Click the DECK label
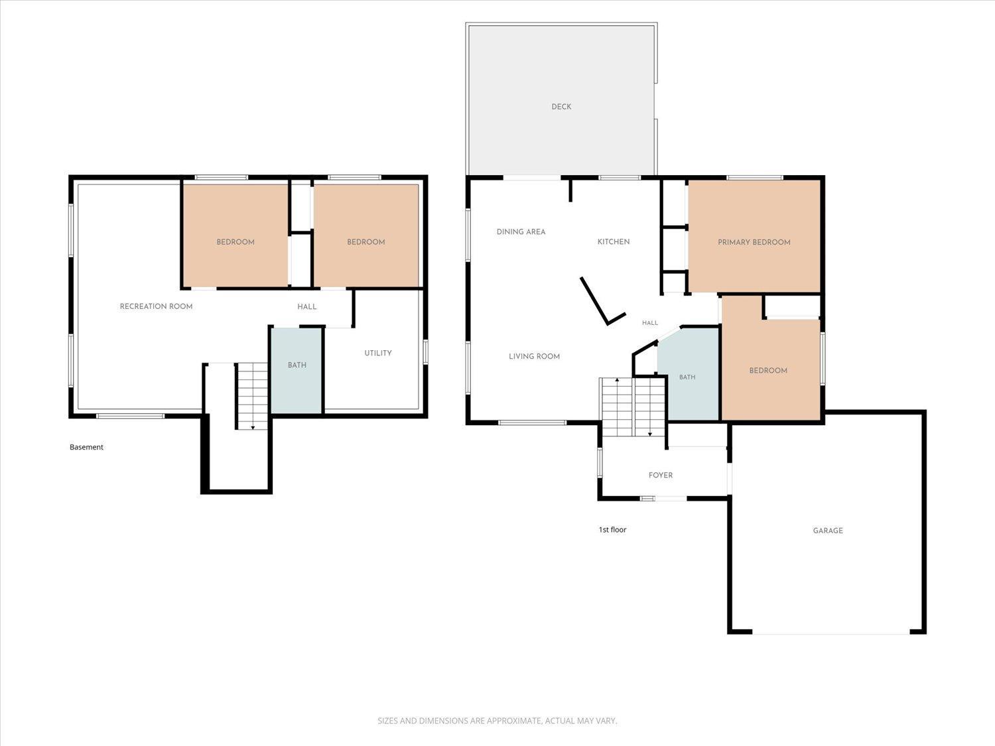(x=561, y=107)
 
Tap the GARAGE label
(x=828, y=530)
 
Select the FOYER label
(x=661, y=475)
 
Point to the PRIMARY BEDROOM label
(x=754, y=242)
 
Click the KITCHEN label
(x=614, y=242)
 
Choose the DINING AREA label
(x=521, y=232)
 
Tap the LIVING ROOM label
(x=534, y=357)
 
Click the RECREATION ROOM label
(x=156, y=306)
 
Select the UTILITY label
(x=378, y=353)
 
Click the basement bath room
(x=297, y=371)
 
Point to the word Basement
(x=87, y=447)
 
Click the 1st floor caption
(x=612, y=529)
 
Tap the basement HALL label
(x=307, y=306)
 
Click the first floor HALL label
(x=650, y=323)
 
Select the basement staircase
(x=253, y=396)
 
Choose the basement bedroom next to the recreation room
(x=235, y=235)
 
